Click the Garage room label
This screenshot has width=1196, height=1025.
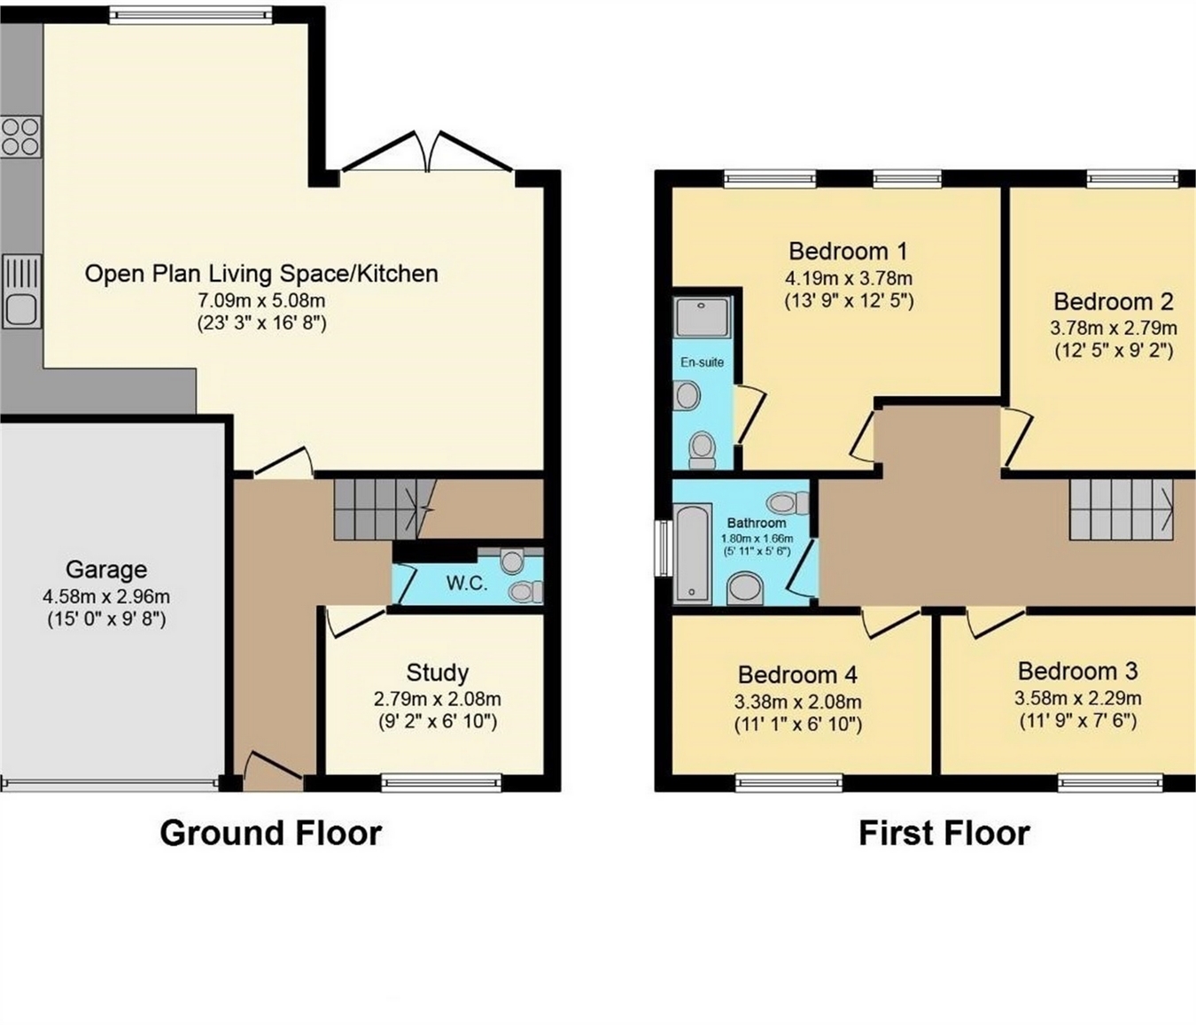(x=106, y=570)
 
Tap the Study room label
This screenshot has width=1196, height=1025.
(x=437, y=672)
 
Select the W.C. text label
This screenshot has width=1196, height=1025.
(x=467, y=583)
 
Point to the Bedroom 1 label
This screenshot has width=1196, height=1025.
(x=848, y=252)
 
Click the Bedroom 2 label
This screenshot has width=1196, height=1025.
(x=1114, y=301)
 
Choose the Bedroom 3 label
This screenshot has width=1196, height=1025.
(x=1077, y=672)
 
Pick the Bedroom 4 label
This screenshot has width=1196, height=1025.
(x=797, y=675)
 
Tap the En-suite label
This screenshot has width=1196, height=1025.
(x=702, y=362)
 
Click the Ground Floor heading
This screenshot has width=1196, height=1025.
(x=271, y=833)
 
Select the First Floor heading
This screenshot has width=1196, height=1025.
(x=944, y=833)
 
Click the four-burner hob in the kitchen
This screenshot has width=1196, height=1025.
(x=20, y=136)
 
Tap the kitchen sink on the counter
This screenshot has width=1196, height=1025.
(x=21, y=291)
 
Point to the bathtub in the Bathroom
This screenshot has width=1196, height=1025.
(x=693, y=554)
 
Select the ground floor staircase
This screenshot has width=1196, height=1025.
(x=384, y=509)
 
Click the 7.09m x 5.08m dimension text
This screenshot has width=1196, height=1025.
(x=261, y=300)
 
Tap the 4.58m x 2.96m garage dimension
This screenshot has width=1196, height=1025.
(x=106, y=596)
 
